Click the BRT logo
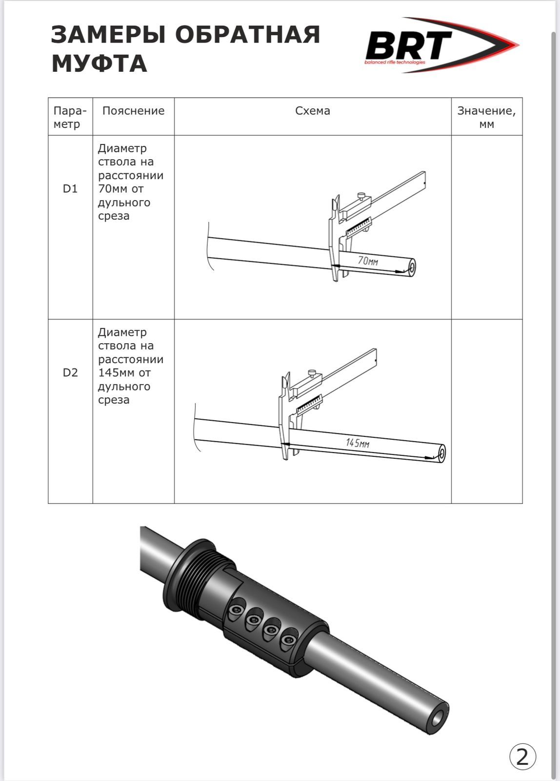tap(442, 45)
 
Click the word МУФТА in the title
tap(100, 63)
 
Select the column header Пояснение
tap(134, 111)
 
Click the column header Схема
tap(313, 111)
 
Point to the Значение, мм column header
tap(486, 117)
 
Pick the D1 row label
tap(70, 188)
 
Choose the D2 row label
tap(70, 373)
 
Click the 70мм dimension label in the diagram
tap(368, 261)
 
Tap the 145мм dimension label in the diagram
tap(358, 443)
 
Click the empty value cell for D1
tap(487, 227)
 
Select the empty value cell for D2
tap(487, 411)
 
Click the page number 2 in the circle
tap(523, 757)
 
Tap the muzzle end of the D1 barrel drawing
tap(412, 268)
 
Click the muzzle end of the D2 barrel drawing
tap(442, 453)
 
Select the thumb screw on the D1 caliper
tap(361, 196)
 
